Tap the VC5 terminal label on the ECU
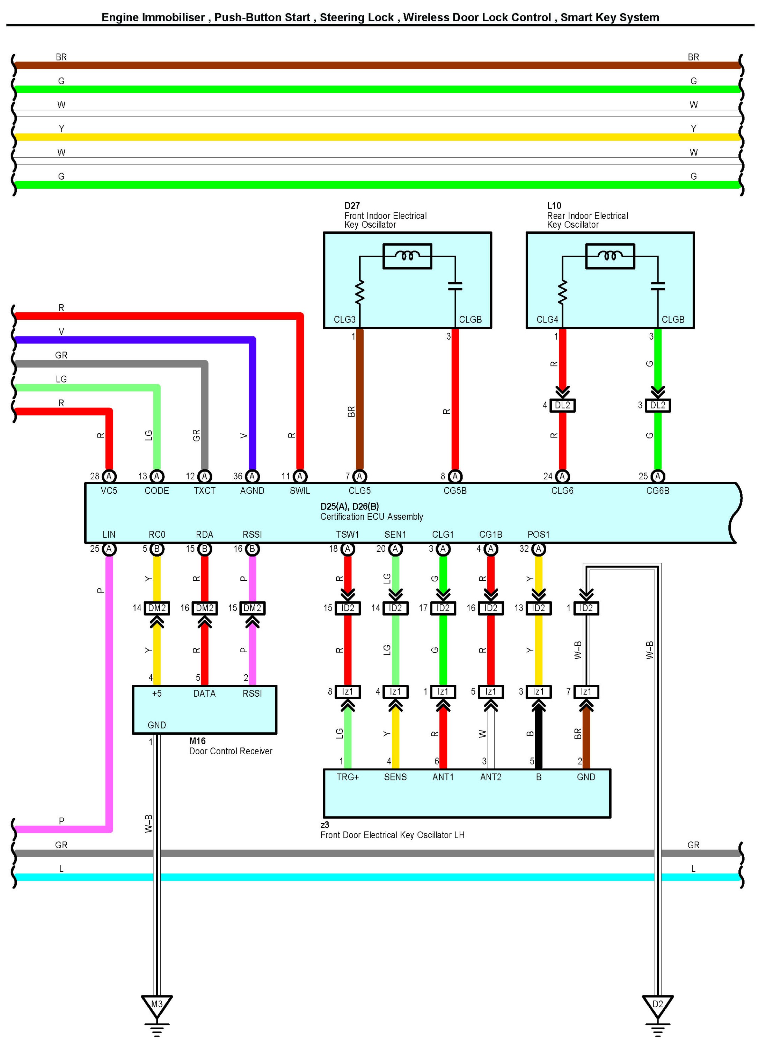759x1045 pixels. pos(109,491)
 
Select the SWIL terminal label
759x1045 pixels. pos(300,491)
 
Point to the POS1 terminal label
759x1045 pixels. pos(538,535)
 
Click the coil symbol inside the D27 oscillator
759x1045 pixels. pos(408,256)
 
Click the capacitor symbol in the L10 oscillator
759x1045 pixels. pos(658,286)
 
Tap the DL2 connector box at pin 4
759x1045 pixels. pos(562,406)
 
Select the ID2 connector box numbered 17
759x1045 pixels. pos(443,608)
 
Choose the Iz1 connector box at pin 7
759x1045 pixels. pos(586,691)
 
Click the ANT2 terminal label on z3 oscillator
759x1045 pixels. pos(490,777)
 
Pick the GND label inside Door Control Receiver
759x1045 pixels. pos(156,725)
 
